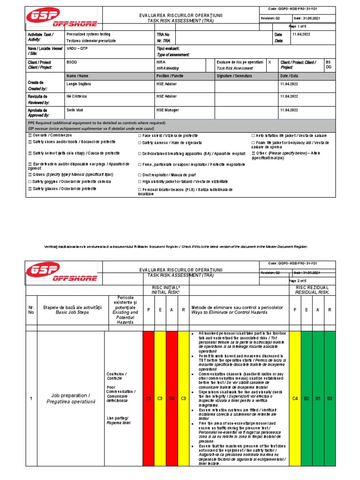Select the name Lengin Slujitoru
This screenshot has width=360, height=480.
(x=84, y=83)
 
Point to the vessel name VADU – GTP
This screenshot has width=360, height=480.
(x=77, y=49)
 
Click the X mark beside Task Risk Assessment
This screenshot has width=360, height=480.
(x=270, y=62)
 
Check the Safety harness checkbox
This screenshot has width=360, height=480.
(x=140, y=142)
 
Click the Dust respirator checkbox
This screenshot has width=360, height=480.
(x=140, y=174)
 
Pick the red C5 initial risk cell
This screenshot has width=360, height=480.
(x=148, y=398)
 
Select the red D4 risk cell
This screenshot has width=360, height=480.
(x=172, y=398)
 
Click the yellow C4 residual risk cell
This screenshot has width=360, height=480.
(x=295, y=398)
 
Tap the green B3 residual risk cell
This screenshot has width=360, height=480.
(x=330, y=398)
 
